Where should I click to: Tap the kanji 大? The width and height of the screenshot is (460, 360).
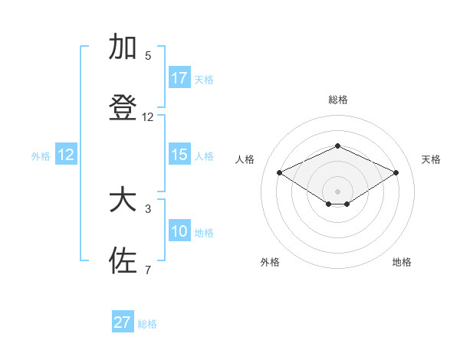tap(123, 201)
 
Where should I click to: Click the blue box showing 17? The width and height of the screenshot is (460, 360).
tap(179, 78)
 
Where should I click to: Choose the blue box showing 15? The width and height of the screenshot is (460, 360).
tap(179, 155)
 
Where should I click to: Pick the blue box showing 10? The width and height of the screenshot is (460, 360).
tap(179, 231)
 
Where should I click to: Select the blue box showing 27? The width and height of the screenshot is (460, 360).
tap(123, 322)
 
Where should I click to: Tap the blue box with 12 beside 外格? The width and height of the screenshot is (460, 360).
tap(66, 155)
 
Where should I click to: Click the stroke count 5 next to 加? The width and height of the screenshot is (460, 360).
tap(148, 56)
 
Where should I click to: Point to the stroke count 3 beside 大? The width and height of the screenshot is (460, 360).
tap(148, 208)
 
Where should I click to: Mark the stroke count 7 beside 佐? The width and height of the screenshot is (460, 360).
tap(148, 270)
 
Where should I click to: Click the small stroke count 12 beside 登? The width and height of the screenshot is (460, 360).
tap(148, 117)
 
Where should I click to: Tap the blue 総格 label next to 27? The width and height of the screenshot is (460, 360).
tap(147, 324)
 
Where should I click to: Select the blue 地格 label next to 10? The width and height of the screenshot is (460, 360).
tap(204, 233)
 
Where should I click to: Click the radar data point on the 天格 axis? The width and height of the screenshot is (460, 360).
tap(396, 172)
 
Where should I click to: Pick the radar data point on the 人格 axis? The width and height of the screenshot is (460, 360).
tap(279, 172)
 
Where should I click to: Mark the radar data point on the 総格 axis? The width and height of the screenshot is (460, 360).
tap(337, 146)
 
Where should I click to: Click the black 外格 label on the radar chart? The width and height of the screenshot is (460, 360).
tap(270, 262)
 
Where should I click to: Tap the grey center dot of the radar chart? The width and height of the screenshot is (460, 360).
tap(337, 191)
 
